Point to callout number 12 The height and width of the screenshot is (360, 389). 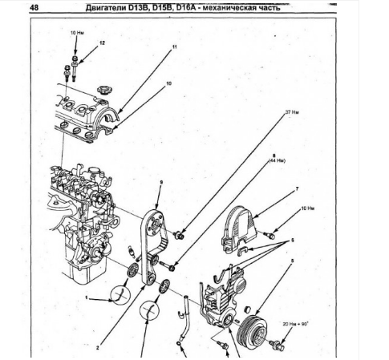pyautogui.click(x=102, y=42)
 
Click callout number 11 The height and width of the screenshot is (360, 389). pyautogui.click(x=171, y=50)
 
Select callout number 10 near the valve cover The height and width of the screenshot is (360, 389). pyautogui.click(x=168, y=83)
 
